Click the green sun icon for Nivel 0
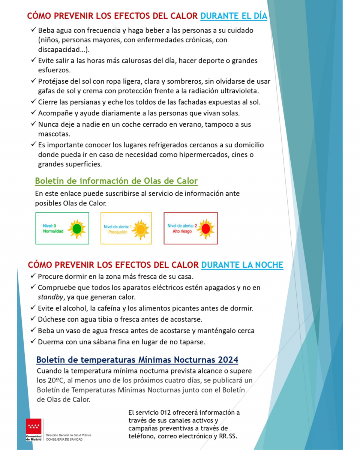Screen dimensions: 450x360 coord(77,229)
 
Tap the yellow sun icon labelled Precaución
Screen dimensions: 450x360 coord(141,229)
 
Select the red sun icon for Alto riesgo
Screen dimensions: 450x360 coord(205,229)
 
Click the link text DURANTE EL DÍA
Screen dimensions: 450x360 coord(234,16)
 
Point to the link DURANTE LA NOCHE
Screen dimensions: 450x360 coord(242,265)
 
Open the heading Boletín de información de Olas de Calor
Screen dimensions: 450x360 coord(116,181)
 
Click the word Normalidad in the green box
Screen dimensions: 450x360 coord(53,231)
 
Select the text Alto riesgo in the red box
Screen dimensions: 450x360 coord(182,232)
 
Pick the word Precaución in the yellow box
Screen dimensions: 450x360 coord(118,232)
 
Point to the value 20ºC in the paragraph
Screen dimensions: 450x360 coord(56,380)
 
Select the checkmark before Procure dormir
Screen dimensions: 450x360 coord(33,276)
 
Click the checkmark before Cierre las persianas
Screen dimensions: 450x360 coord(33,102)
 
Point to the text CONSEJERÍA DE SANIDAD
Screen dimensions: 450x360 coord(64,439)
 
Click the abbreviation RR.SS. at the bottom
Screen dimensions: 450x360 coord(228,436)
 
